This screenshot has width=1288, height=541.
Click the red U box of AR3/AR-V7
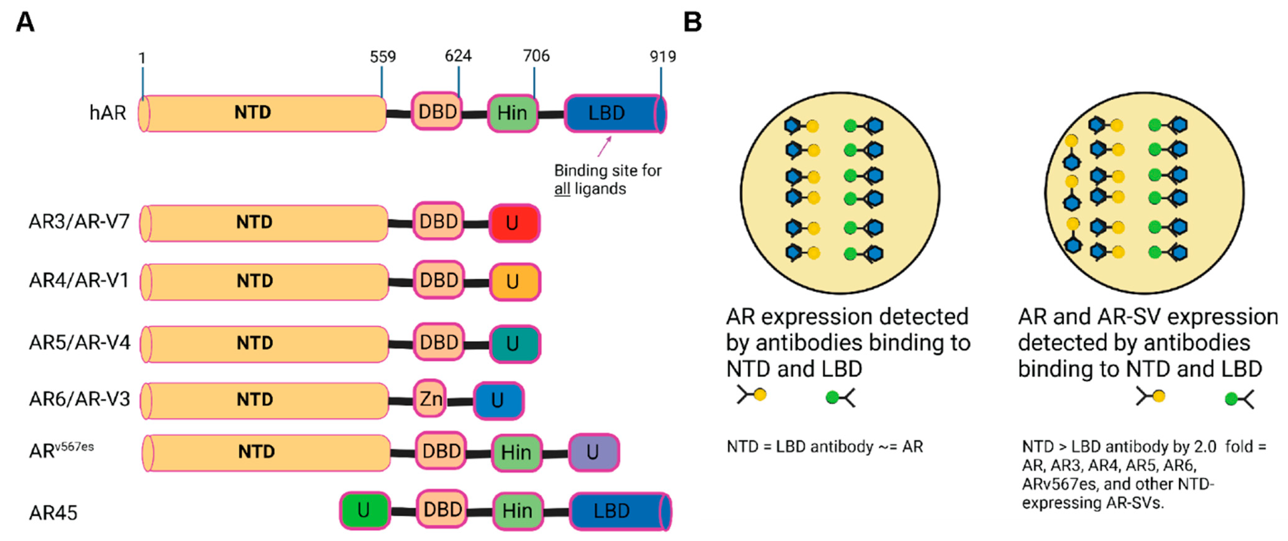coord(514,223)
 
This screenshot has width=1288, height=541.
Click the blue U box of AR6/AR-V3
coord(498,400)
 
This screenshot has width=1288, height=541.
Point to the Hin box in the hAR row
coord(512,113)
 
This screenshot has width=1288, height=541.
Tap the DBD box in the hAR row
coord(437,111)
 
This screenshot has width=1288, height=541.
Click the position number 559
coord(383,57)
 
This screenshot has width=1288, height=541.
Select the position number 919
coord(662,57)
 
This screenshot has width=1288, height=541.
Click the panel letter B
coord(693,22)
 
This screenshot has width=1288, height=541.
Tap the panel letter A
coord(25,22)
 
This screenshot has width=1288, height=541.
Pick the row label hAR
coord(108,113)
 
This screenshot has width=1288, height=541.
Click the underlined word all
coord(562,189)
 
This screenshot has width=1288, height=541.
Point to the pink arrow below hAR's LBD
coord(604,146)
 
